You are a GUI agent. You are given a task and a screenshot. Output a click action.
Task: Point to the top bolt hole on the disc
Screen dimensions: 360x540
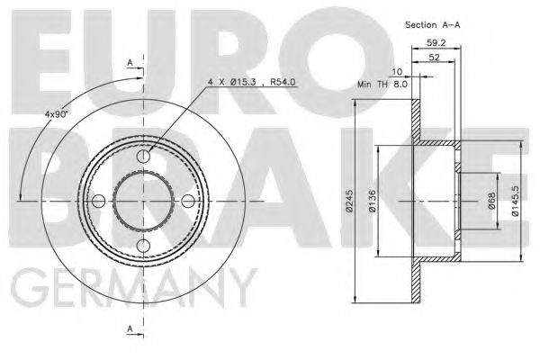pos(144,157)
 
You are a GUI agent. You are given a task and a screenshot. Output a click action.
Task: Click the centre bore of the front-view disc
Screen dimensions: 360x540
pos(144,200)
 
